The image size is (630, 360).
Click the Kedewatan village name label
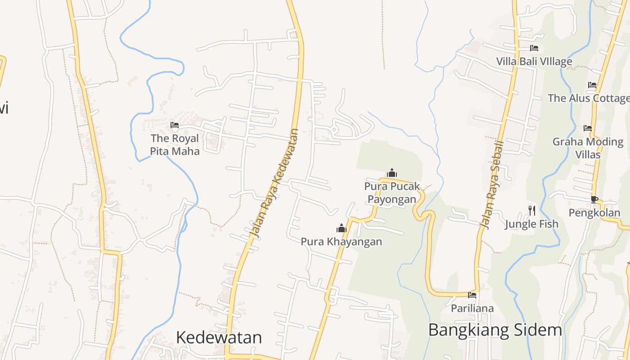click(219, 337)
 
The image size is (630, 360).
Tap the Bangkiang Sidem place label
click(495, 330)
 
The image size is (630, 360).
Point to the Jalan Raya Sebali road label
click(491, 184)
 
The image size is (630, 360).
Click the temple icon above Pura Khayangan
click(342, 229)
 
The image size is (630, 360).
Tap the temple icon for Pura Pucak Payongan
click(392, 173)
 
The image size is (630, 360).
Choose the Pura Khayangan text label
click(341, 242)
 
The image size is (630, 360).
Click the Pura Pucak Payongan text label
click(392, 192)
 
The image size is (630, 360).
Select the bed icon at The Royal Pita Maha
click(175, 125)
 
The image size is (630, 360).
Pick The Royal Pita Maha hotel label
click(175, 144)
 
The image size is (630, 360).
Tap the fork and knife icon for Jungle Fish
click(532, 210)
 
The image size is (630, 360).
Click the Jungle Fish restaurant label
click(531, 224)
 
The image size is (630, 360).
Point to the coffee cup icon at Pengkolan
click(594, 199)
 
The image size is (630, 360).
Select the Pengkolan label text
click(594, 213)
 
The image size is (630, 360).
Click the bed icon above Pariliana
click(472, 295)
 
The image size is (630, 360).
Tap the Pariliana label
click(472, 309)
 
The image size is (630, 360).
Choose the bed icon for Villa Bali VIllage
click(534, 48)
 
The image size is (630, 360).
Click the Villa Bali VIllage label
click(534, 61)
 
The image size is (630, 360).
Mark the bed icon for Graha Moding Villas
click(588, 128)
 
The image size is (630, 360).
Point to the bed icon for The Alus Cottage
click(592, 85)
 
